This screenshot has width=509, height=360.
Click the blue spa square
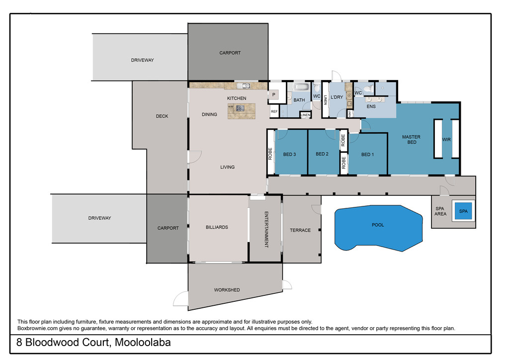tap(463, 211)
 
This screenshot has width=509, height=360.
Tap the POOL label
tap(378, 225)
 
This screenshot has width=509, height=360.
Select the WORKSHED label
tap(227, 290)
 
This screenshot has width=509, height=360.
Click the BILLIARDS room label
tap(217, 227)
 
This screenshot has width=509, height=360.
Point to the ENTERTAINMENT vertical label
tap(266, 230)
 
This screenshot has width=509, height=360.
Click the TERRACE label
tap(300, 230)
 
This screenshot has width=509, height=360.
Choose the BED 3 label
tap(290, 155)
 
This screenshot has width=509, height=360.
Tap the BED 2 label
tap(322, 154)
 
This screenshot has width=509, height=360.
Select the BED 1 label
tap(367, 155)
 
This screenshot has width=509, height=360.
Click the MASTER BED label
tap(411, 140)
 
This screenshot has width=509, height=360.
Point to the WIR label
tap(446, 140)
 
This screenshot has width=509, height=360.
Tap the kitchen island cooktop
tap(240, 108)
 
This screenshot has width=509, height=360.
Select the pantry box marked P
tap(274, 95)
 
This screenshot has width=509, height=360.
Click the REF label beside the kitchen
tap(274, 111)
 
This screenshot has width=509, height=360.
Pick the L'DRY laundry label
tap(337, 97)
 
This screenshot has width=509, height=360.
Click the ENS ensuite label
tap(371, 106)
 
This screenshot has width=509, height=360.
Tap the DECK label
tap(162, 116)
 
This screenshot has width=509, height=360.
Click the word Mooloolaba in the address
tap(143, 343)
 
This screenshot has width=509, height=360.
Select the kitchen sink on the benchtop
tap(243, 86)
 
